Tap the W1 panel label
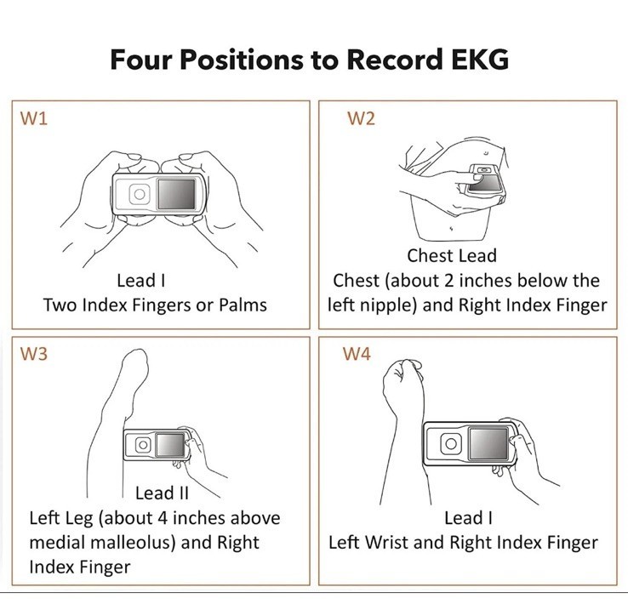(x=34, y=118)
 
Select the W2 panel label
(x=361, y=118)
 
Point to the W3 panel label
(x=34, y=354)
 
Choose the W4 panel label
(x=357, y=354)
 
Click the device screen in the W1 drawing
(x=177, y=194)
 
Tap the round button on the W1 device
(x=140, y=194)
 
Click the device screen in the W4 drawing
(x=488, y=443)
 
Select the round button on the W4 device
(x=451, y=443)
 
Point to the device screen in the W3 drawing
(x=170, y=444)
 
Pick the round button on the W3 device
(x=143, y=445)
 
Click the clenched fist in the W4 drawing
(x=403, y=379)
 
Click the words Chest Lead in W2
(x=452, y=256)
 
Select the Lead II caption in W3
(x=162, y=493)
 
